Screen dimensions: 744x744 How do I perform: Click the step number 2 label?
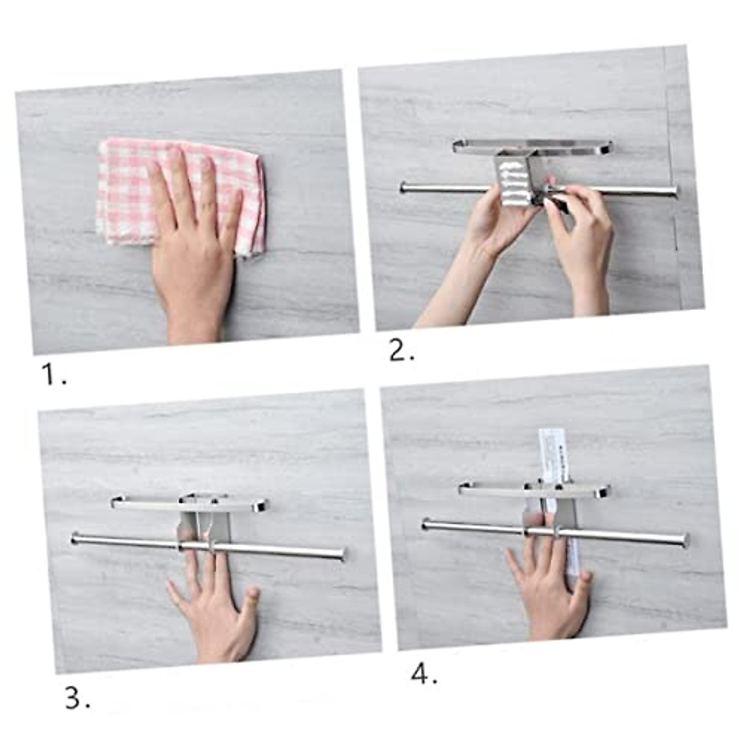pyautogui.click(x=402, y=352)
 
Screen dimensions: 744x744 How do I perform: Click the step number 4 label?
pyautogui.click(x=424, y=674)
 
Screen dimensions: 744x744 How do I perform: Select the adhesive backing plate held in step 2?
pyautogui.click(x=513, y=180)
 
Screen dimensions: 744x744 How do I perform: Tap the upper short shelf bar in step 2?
pyautogui.click(x=533, y=147)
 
